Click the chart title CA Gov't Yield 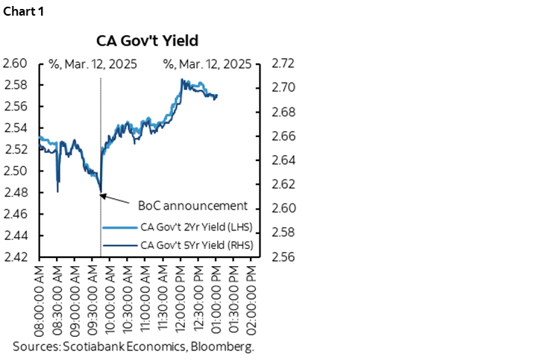pos(146,40)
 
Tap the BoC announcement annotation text pos(192,206)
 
